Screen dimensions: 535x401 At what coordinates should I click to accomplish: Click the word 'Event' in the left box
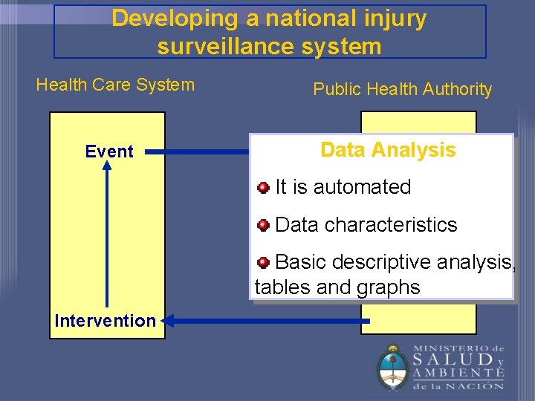coord(109,151)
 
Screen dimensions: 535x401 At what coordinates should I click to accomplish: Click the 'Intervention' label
coord(105,321)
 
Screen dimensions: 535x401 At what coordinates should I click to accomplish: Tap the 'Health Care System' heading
coord(115,85)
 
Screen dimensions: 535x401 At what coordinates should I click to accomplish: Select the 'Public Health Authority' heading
coord(402,90)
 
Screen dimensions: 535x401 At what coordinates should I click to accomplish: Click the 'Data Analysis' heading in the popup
coord(388,150)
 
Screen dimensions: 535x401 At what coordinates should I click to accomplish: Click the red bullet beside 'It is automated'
coord(263,187)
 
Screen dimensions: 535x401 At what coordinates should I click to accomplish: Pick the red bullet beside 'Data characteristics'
coord(263,224)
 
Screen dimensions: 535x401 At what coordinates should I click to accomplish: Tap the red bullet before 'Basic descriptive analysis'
coord(263,262)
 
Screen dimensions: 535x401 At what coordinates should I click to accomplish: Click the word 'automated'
coord(362,187)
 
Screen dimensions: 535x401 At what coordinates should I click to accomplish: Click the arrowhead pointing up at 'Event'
coord(107,168)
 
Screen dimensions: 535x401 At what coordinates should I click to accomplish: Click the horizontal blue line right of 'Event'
coord(197,151)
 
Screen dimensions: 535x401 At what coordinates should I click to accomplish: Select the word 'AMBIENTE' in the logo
coord(458,374)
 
